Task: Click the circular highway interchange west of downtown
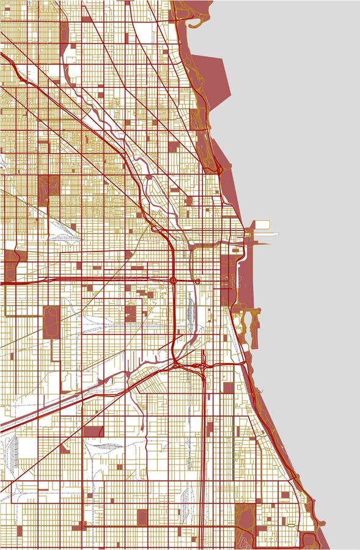[174, 280]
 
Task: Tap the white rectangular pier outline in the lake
[262, 225]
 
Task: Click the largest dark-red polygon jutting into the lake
[211, 79]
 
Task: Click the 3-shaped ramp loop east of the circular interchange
[198, 281]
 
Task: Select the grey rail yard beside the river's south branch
[190, 309]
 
